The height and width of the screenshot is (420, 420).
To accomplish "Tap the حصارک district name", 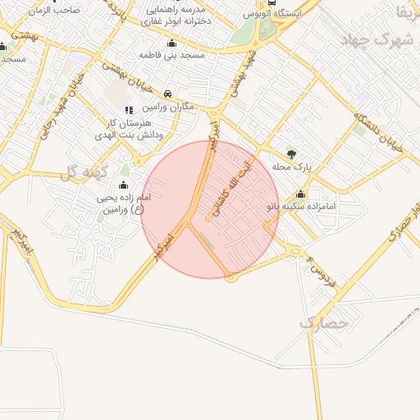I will [x=324, y=323].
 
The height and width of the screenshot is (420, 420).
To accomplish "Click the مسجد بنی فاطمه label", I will [x=171, y=55].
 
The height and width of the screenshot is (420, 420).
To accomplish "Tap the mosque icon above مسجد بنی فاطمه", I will [x=171, y=43].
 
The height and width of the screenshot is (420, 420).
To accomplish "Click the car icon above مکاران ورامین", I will [x=167, y=94].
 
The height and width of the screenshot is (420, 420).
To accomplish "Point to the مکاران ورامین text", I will [x=167, y=107].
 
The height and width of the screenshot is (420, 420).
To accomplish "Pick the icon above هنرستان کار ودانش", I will [x=128, y=110].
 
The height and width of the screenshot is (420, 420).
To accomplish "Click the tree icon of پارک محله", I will [x=290, y=153].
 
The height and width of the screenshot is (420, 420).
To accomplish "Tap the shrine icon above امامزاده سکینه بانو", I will [x=300, y=194].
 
